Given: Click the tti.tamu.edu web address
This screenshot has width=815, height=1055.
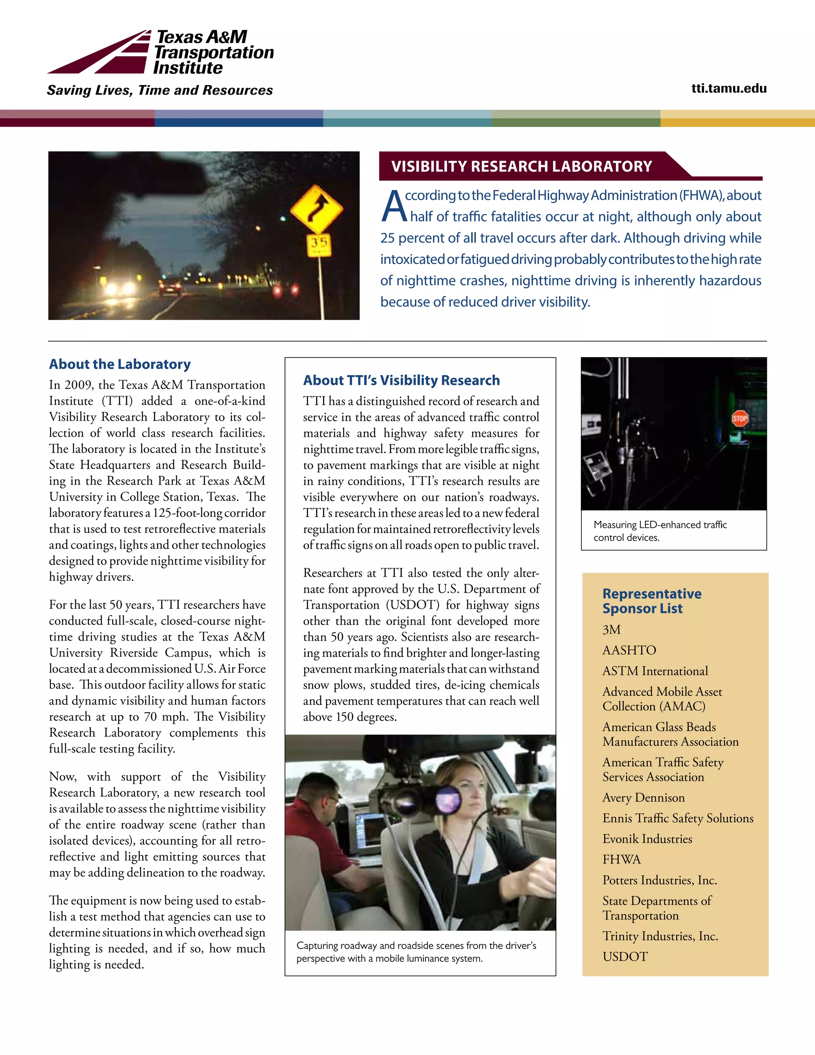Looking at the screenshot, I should click(729, 88).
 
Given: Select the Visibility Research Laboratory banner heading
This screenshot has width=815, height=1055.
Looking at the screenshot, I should click(521, 166).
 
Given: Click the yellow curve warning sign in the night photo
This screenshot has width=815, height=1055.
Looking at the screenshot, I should click(316, 210).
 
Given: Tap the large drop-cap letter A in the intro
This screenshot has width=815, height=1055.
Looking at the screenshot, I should click(394, 206).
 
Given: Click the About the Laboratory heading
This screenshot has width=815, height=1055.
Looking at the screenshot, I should click(120, 364).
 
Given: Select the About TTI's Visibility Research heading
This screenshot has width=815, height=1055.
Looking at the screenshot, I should click(401, 380).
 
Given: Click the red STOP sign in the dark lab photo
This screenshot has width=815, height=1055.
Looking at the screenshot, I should click(740, 418).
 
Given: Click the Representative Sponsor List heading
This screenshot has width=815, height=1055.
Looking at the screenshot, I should click(651, 600).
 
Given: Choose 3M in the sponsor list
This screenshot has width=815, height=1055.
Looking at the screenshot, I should click(611, 629).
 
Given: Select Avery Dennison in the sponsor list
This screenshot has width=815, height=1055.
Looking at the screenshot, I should click(643, 797).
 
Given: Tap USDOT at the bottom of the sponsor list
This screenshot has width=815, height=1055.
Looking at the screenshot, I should click(625, 956).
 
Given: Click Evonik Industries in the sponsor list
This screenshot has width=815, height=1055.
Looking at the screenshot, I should click(647, 838).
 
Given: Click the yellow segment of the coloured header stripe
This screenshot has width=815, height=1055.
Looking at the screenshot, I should click(737, 118).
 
